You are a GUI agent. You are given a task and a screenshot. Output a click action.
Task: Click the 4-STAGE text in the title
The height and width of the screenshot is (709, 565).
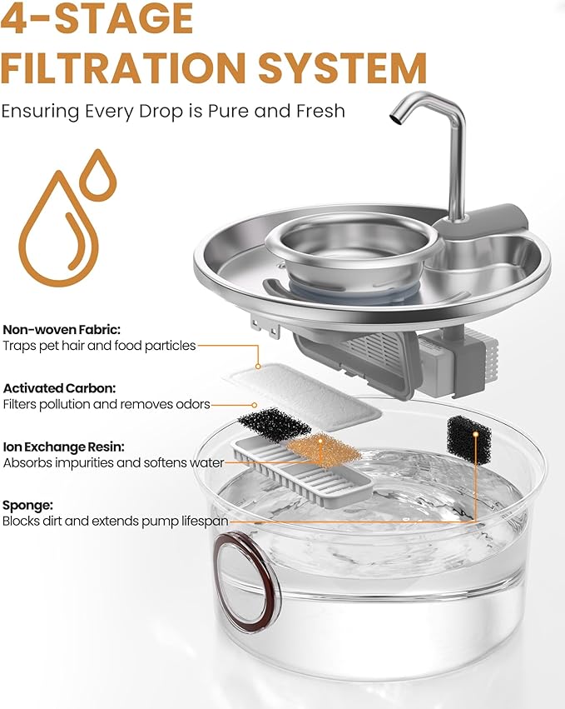[x=97, y=18]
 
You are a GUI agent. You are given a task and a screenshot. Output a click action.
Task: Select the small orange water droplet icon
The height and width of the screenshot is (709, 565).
[x=97, y=175]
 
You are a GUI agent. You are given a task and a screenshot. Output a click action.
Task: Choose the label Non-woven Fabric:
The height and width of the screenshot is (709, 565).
[x=62, y=329]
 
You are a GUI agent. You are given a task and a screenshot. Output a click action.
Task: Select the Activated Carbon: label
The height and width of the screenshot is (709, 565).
[x=59, y=388]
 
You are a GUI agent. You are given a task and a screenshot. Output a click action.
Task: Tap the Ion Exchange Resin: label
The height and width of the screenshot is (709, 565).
[x=63, y=447]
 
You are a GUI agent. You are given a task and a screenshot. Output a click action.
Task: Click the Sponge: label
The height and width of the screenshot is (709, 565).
[x=27, y=506]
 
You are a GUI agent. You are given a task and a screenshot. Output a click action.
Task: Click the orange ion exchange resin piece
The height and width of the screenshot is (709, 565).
[x=324, y=450]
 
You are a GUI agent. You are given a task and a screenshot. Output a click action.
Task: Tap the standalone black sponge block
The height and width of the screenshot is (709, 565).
[x=468, y=440]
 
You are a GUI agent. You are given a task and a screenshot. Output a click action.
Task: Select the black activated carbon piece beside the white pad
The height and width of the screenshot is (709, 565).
[x=274, y=424]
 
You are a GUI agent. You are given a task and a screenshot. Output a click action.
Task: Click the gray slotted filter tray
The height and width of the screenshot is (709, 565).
[x=302, y=472]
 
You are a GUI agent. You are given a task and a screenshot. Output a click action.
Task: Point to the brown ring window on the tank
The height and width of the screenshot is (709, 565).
[x=246, y=582]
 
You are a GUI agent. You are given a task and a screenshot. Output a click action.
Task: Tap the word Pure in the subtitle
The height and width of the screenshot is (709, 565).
[x=229, y=111]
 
